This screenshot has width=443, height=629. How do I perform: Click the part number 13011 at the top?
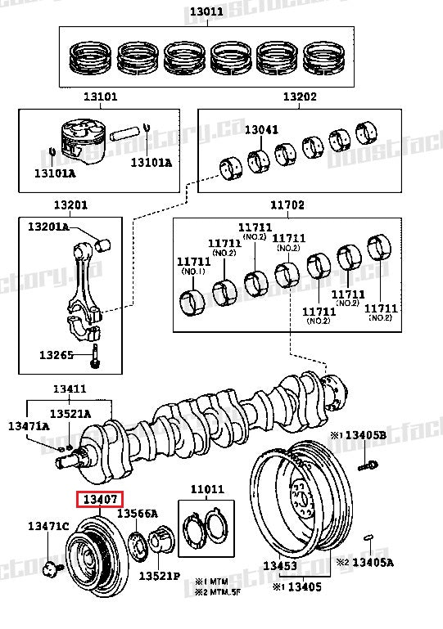(x=206, y=12)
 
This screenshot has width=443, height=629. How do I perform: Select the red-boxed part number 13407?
(x=99, y=499)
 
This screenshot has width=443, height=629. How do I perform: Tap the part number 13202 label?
(x=299, y=97)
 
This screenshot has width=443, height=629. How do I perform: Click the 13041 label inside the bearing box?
(x=261, y=129)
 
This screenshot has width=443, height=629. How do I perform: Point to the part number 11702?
(x=287, y=206)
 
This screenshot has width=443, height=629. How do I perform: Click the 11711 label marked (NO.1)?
(x=193, y=266)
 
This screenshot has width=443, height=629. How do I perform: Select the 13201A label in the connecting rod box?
(x=48, y=227)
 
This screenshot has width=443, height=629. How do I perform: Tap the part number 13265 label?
(x=56, y=355)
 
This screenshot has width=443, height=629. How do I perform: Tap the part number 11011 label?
(x=206, y=489)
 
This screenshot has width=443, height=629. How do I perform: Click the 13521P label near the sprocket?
(x=158, y=576)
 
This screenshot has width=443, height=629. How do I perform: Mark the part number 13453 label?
(x=279, y=565)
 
